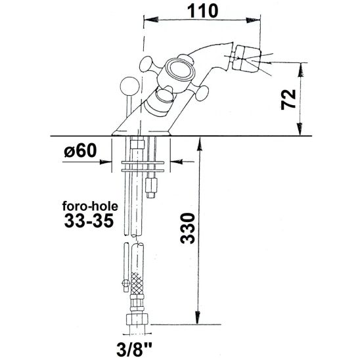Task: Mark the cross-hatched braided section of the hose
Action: pyautogui.click(x=137, y=283)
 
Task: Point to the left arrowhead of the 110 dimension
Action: pyautogui.click(x=148, y=22)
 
